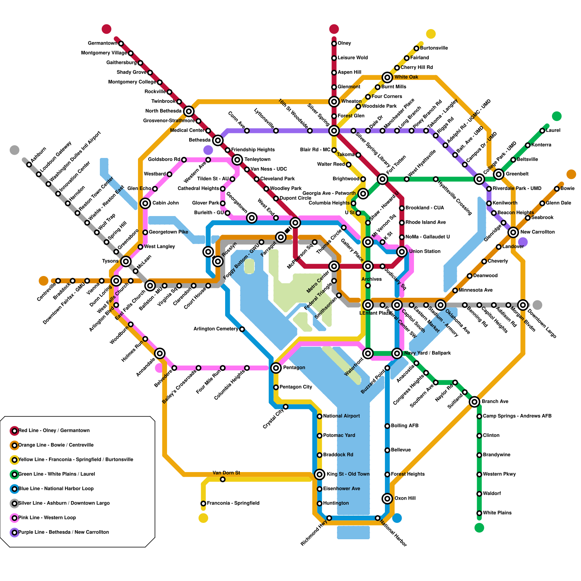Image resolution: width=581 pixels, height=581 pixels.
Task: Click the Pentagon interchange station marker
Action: [276, 368]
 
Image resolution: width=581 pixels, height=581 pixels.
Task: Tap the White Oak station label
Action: [406, 77]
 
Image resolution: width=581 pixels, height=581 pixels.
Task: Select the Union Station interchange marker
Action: [402, 252]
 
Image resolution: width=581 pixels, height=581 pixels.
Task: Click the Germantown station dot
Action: [121, 44]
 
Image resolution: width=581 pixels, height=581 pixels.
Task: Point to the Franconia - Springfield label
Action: [233, 503]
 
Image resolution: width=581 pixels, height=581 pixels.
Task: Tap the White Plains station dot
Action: [479, 513]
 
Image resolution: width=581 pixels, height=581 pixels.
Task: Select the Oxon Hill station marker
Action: [387, 499]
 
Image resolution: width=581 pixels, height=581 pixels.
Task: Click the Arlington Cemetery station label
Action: [216, 329]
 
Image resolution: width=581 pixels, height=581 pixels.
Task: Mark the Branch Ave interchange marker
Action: [474, 402]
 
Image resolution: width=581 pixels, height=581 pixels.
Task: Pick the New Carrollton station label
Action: [537, 232]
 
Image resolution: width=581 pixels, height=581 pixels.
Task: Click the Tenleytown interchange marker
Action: [237, 159]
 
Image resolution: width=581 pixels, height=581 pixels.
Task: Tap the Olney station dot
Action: [334, 44]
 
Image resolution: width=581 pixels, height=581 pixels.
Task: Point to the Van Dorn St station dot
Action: [223, 479]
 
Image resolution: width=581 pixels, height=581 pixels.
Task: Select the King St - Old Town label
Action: [348, 474]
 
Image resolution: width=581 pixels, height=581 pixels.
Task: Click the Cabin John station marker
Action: [145, 203]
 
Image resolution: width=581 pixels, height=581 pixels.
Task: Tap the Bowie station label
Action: [567, 188]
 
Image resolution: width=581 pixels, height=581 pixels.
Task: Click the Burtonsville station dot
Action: [416, 48]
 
